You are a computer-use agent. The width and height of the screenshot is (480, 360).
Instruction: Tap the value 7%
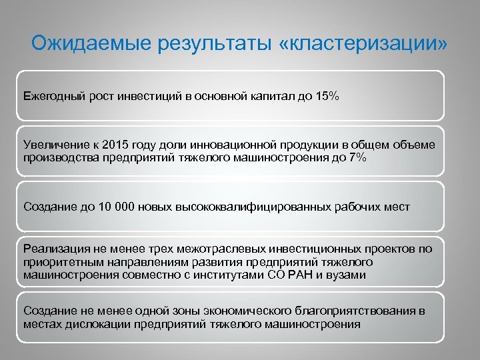[x=356, y=157]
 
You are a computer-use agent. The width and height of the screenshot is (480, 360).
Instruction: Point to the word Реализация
[x=53, y=249]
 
